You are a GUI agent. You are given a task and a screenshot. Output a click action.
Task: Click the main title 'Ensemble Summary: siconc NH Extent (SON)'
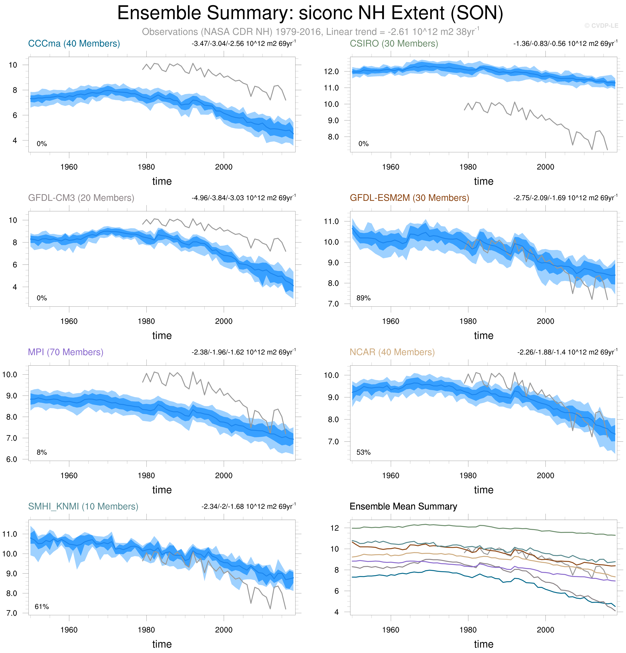coord(310,13)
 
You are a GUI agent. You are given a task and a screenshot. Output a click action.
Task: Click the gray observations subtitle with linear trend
coord(311,32)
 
